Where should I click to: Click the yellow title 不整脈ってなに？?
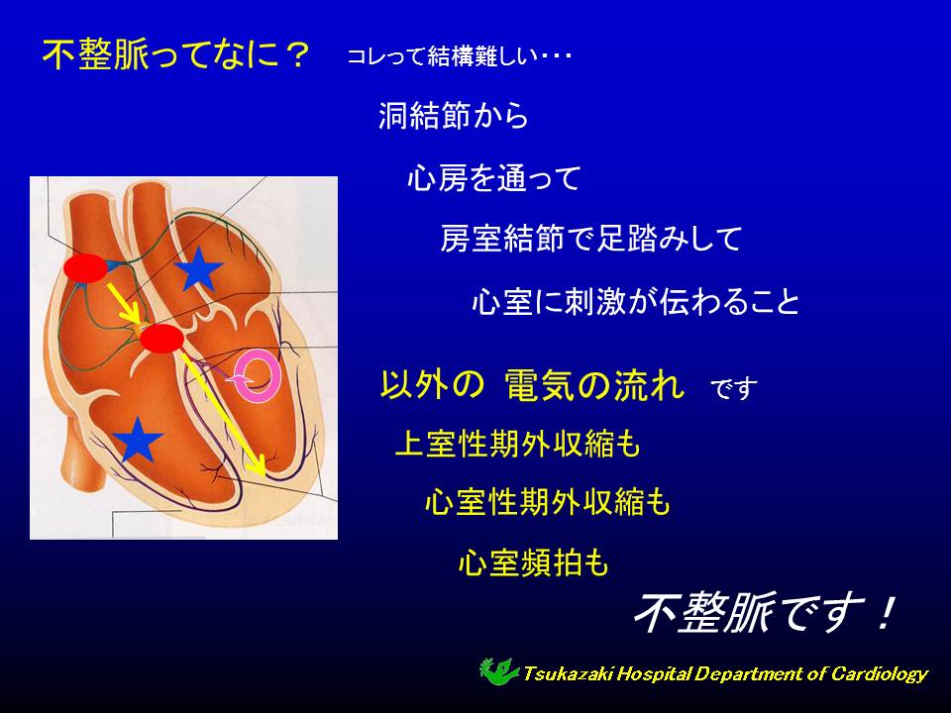pyautogui.click(x=176, y=55)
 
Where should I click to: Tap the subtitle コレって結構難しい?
pyautogui.click(x=443, y=56)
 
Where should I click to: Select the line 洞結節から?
pyautogui.click(x=453, y=115)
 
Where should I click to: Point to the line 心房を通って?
pyautogui.click(x=494, y=178)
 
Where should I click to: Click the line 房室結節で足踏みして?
pyautogui.click(x=591, y=239)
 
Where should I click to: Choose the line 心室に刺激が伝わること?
pyautogui.click(x=636, y=301)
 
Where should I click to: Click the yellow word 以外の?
pyautogui.click(x=433, y=384)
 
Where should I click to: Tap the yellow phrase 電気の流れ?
pyautogui.click(x=595, y=384)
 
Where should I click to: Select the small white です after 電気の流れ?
pyautogui.click(x=734, y=388)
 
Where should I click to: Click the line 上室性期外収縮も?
pyautogui.click(x=518, y=444)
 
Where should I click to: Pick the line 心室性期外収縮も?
pyautogui.click(x=548, y=503)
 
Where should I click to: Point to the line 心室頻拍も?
pyautogui.click(x=534, y=562)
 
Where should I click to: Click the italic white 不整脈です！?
pyautogui.click(x=764, y=613)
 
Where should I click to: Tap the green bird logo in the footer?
pyautogui.click(x=498, y=671)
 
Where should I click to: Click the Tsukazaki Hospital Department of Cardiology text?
pyautogui.click(x=725, y=673)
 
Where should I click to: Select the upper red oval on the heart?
pyautogui.click(x=85, y=268)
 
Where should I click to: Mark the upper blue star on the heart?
pyautogui.click(x=198, y=268)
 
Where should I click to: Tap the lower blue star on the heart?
pyautogui.click(x=138, y=439)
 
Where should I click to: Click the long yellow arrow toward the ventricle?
pyautogui.click(x=223, y=415)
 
